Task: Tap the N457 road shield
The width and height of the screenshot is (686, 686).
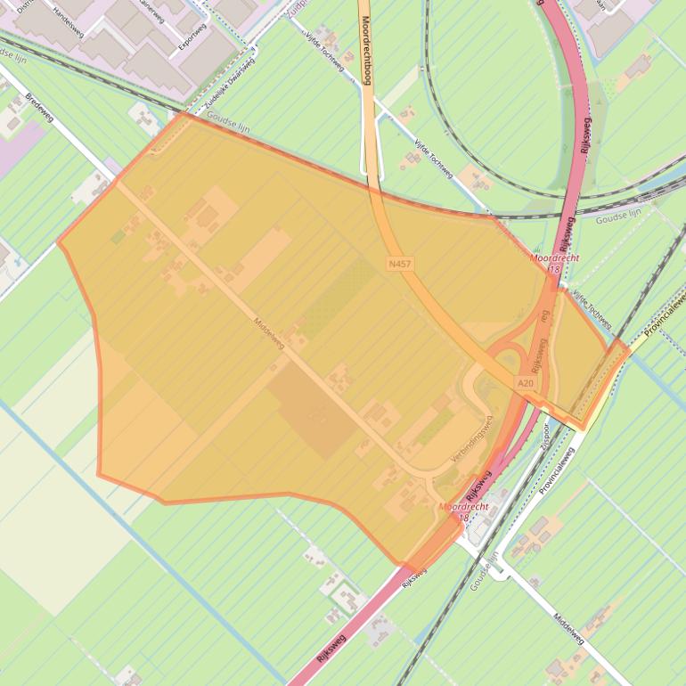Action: pyautogui.click(x=400, y=265)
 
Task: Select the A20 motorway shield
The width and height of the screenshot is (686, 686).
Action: pyautogui.click(x=526, y=383)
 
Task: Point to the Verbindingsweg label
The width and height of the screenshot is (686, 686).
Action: pyautogui.click(x=472, y=440)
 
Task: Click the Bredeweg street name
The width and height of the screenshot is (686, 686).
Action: pyautogui.click(x=40, y=109)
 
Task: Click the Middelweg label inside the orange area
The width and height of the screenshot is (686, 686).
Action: pyautogui.click(x=268, y=334)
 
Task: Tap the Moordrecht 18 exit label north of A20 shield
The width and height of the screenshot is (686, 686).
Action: pyautogui.click(x=554, y=262)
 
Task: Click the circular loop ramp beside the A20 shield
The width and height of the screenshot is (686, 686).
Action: pyautogui.click(x=510, y=362)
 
